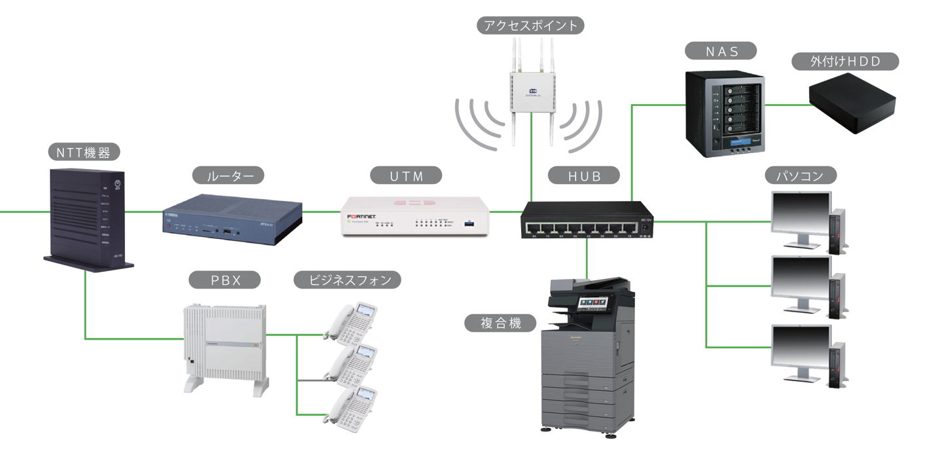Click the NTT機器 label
click(84, 153)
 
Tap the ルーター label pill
click(228, 175)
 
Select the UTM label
click(407, 175)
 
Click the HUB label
click(585, 175)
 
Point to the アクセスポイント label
click(530, 26)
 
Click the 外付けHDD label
click(845, 62)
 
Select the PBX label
click(225, 280)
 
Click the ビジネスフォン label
click(346, 280)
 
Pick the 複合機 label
click(501, 323)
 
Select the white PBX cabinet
click(224, 347)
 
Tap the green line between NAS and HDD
click(786, 104)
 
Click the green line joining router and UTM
click(321, 211)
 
